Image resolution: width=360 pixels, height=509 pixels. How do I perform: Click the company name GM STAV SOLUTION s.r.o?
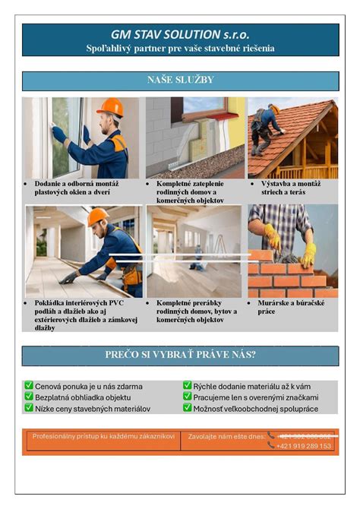coord(180,34)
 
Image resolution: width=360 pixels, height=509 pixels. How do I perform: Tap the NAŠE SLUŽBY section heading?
coord(180,80)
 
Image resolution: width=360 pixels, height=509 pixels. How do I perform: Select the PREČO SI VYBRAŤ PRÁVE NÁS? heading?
coord(180,355)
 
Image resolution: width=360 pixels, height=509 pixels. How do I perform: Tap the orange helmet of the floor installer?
coord(98,217)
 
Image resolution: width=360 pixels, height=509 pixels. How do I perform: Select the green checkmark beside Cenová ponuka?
coord(28,386)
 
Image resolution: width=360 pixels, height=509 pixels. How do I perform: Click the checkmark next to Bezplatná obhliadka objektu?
coord(28,397)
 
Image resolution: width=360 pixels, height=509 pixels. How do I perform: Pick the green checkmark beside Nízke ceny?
coord(28,408)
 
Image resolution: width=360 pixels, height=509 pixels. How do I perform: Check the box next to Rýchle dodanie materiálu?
coord(187,386)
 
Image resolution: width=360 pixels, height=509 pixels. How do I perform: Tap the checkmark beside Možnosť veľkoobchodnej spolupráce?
coord(187,408)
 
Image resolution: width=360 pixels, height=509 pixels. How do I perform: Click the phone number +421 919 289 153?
coord(305,446)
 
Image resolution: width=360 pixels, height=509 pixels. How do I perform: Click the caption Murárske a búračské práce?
coord(285,307)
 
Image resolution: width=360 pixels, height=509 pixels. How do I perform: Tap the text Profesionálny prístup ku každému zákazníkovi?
coord(103,437)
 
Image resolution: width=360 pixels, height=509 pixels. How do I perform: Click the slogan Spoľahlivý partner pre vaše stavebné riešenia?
coord(180,49)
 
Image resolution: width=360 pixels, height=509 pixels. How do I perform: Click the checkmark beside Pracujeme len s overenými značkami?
coord(187,397)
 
